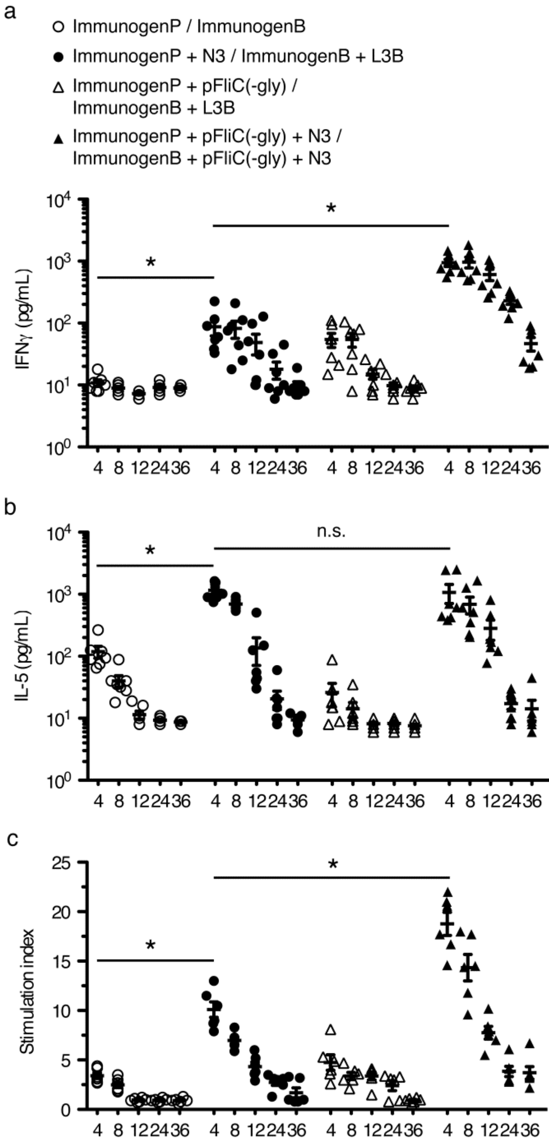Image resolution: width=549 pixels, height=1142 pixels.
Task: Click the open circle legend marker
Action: [x=62, y=26]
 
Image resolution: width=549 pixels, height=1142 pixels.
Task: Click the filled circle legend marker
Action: [x=62, y=56]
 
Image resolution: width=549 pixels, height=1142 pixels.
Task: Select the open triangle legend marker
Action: [x=62, y=87]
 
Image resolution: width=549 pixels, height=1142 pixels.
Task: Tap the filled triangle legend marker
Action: [x=62, y=138]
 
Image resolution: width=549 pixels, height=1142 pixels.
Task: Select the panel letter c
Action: [x=11, y=838]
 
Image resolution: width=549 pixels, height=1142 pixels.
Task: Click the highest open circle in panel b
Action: [x=98, y=630]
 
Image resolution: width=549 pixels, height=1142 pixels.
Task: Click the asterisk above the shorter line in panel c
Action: [x=151, y=945]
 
